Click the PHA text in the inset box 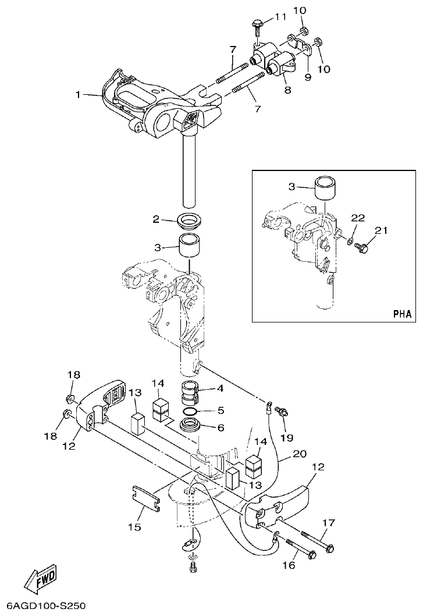[401, 314]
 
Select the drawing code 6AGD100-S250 [44, 606]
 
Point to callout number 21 [381, 232]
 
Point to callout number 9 [308, 76]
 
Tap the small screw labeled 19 [282, 411]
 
